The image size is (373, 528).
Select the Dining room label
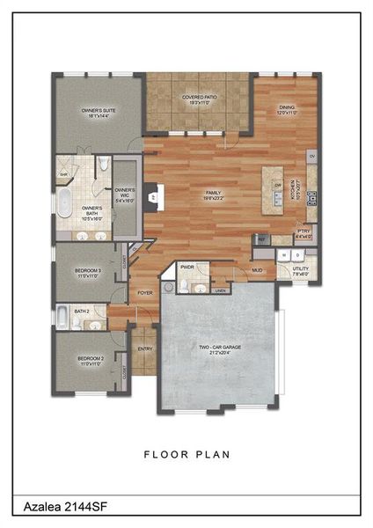[287, 109]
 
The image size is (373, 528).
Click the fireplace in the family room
[151, 197]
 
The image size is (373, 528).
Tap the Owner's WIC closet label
[125, 194]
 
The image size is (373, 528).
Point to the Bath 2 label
[81, 311]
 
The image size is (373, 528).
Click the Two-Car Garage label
[221, 349]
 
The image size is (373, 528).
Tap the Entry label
[144, 349]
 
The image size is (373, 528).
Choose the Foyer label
[144, 293]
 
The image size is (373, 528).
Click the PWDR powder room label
[187, 267]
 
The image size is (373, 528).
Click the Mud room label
[258, 271]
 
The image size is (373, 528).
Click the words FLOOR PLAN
[186, 455]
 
